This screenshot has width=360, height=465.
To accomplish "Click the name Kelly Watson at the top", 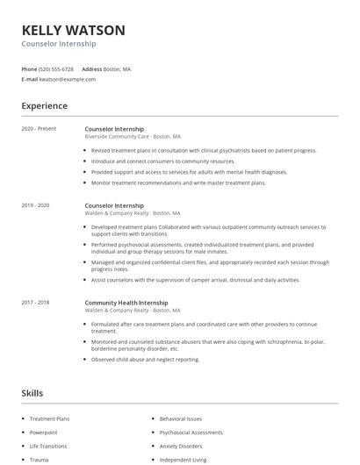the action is pyautogui.click(x=73, y=30).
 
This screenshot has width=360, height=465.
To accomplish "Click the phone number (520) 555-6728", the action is pyautogui.click(x=56, y=68).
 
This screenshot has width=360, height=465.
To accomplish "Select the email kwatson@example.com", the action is pyautogui.click(x=68, y=79).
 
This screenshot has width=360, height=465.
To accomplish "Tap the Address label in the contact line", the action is pyautogui.click(x=91, y=68).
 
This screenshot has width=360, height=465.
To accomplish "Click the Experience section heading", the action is pyautogui.click(x=44, y=106).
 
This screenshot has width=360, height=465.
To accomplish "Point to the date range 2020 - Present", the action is pyautogui.click(x=39, y=129).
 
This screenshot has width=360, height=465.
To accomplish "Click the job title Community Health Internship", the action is pyautogui.click(x=126, y=303).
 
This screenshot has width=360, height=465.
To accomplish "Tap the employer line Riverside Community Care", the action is pyautogui.click(x=133, y=137).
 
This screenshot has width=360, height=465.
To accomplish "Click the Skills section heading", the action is pyautogui.click(x=32, y=393).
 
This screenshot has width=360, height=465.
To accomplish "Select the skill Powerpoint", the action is pyautogui.click(x=43, y=433).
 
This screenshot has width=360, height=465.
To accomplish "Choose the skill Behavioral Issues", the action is pyautogui.click(x=181, y=419).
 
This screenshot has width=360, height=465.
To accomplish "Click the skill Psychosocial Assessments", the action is pyautogui.click(x=191, y=433).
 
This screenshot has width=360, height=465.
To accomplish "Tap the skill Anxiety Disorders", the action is pyautogui.click(x=180, y=446).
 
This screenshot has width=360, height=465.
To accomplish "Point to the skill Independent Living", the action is pyautogui.click(x=182, y=459).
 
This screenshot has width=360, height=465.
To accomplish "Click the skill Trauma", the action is pyautogui.click(x=39, y=459).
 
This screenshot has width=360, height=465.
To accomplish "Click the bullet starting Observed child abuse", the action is pyautogui.click(x=145, y=359).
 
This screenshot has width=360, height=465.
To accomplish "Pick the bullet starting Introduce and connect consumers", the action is pyautogui.click(x=163, y=161).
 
